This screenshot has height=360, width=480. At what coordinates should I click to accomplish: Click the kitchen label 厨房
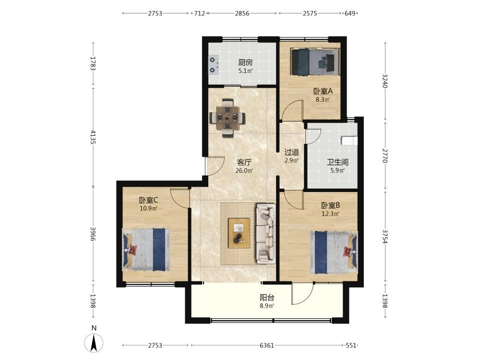pyautogui.click(x=245, y=63)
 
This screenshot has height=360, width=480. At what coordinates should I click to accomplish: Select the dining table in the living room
pyautogui.click(x=228, y=118)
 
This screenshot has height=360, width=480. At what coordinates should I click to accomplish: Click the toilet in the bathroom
pyautogui.click(x=349, y=141)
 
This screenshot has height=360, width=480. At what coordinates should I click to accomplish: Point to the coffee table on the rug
pyautogui.click(x=239, y=233)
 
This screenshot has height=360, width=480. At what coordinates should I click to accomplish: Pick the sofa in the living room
pyautogui.click(x=266, y=234)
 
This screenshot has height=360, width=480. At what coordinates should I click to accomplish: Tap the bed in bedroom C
pyautogui.click(x=146, y=250)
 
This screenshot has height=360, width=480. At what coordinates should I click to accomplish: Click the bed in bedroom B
pyautogui.click(x=334, y=252)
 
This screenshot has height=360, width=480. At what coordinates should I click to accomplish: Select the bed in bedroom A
pyautogui.click(x=315, y=61)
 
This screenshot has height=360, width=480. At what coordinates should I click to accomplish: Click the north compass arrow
pyautogui.click(x=94, y=343)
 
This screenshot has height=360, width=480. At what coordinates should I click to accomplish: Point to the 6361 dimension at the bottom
pyautogui.click(x=266, y=346)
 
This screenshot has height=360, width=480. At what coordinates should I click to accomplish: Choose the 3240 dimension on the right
pyautogui.click(x=385, y=81)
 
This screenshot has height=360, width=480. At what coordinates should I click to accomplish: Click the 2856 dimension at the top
pyautogui.click(x=242, y=13)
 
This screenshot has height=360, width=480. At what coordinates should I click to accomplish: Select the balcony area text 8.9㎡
pyautogui.click(x=267, y=305)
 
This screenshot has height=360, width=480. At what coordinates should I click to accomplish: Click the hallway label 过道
pyautogui.click(x=291, y=152)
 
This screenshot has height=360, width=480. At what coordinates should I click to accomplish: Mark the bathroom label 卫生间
pyautogui.click(x=337, y=162)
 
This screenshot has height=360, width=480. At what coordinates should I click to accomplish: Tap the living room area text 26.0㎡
pyautogui.click(x=244, y=170)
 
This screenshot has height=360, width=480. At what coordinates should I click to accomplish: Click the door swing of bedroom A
pyautogui.click(x=292, y=109)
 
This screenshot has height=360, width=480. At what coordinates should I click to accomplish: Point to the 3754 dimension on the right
pyautogui.click(x=385, y=237)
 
